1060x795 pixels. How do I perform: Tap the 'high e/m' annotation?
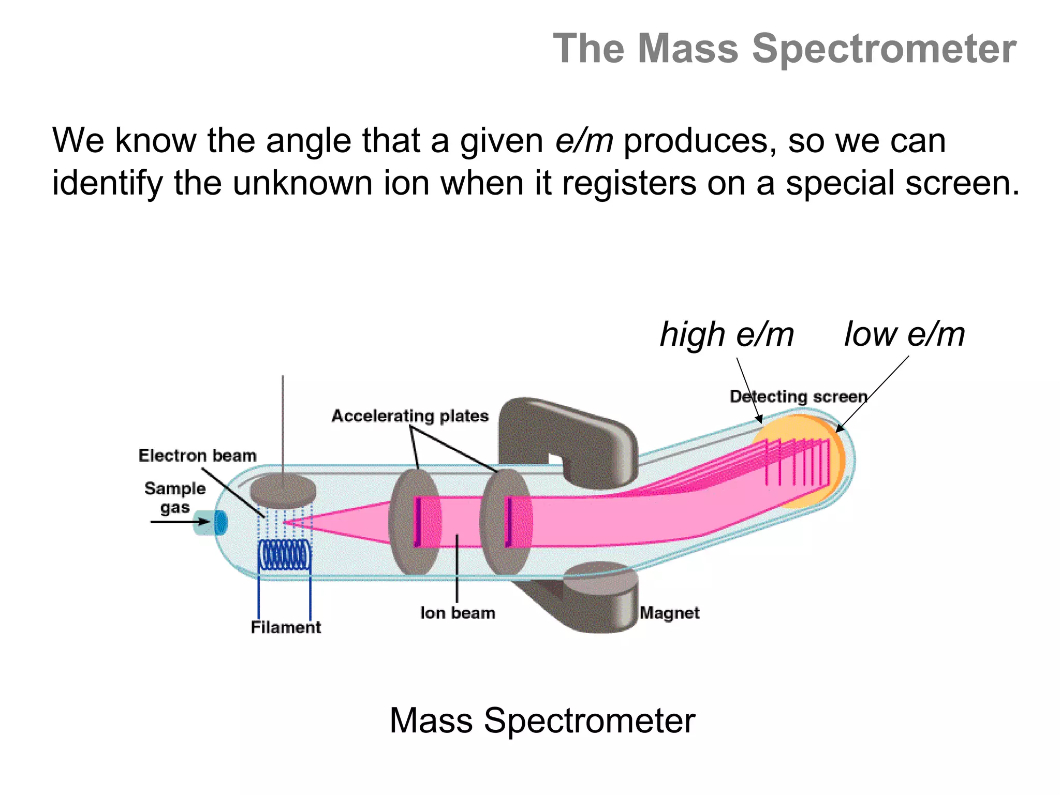coord(726,334)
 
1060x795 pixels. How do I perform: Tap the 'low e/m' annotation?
coord(904,334)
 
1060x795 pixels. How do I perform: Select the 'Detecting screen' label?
coord(798,396)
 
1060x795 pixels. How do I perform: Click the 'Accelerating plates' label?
coord(410,416)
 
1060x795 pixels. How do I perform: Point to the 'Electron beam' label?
coord(197,455)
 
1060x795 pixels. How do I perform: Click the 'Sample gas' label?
coord(175,497)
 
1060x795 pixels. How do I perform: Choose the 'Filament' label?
coord(286,627)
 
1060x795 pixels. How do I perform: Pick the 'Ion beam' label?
coord(458,613)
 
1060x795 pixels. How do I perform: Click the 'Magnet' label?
coord(669,613)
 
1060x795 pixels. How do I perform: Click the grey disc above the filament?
coord(283,490)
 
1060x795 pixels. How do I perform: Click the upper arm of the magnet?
coord(569,430)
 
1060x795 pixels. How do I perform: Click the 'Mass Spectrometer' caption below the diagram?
coord(542,720)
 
